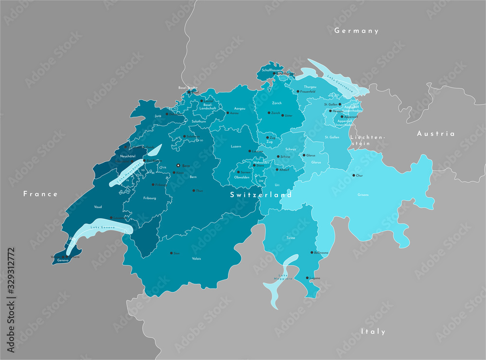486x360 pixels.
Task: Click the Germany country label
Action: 356,31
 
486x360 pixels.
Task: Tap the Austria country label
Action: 436,134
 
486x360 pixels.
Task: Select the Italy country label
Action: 373,331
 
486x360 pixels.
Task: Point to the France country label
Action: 41,194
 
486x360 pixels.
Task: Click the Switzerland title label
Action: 261,195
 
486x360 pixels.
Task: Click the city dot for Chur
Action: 353,175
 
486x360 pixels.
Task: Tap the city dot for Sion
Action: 171,253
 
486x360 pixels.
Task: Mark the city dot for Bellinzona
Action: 312,253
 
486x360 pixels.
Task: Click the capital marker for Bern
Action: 178,166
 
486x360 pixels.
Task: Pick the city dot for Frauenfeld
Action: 298,91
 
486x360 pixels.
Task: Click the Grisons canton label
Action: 363,195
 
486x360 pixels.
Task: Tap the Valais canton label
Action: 196,258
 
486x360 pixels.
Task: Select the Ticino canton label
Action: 291,238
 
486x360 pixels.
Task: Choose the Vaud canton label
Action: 98,206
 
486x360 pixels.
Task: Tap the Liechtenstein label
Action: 367,140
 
